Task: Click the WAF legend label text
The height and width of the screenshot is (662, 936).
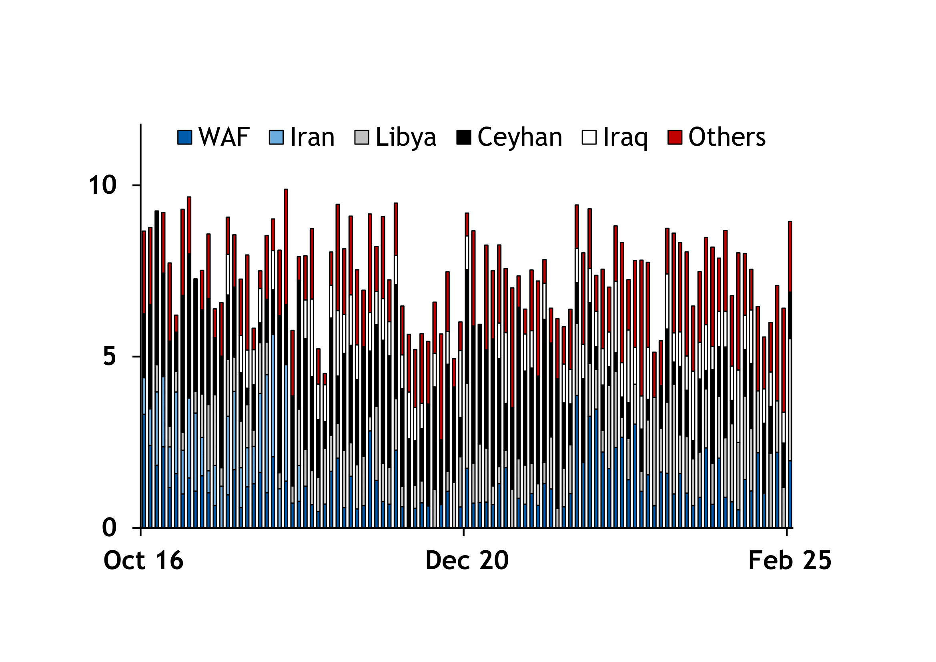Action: click(x=224, y=137)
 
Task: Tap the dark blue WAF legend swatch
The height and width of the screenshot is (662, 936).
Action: click(x=184, y=137)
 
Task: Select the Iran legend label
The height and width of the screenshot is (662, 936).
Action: click(x=312, y=137)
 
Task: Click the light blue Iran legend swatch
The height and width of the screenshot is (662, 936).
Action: click(x=276, y=137)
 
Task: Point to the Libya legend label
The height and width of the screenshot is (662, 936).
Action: click(x=406, y=137)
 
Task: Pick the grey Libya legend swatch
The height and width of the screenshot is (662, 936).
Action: click(x=362, y=137)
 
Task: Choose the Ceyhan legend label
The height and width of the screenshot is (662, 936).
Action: click(x=520, y=137)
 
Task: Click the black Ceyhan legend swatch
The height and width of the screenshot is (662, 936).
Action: click(x=464, y=137)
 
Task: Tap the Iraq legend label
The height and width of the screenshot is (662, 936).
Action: click(x=625, y=137)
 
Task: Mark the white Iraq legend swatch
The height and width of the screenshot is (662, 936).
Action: click(x=589, y=137)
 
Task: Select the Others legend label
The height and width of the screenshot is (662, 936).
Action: click(x=727, y=137)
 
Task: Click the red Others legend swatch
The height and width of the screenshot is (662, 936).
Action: click(x=675, y=137)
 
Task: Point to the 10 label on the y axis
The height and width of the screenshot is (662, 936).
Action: click(x=102, y=185)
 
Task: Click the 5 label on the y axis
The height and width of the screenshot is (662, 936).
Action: click(x=109, y=357)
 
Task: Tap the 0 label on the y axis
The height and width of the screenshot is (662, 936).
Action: click(x=109, y=528)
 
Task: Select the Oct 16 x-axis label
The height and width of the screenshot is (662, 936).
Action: click(x=144, y=560)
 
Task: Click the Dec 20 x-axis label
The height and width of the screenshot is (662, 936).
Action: click(x=467, y=560)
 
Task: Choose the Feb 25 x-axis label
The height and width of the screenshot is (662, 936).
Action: click(x=790, y=560)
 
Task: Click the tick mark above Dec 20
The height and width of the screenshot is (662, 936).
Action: click(x=463, y=532)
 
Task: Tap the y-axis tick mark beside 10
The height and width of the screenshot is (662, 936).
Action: click(x=136, y=185)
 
